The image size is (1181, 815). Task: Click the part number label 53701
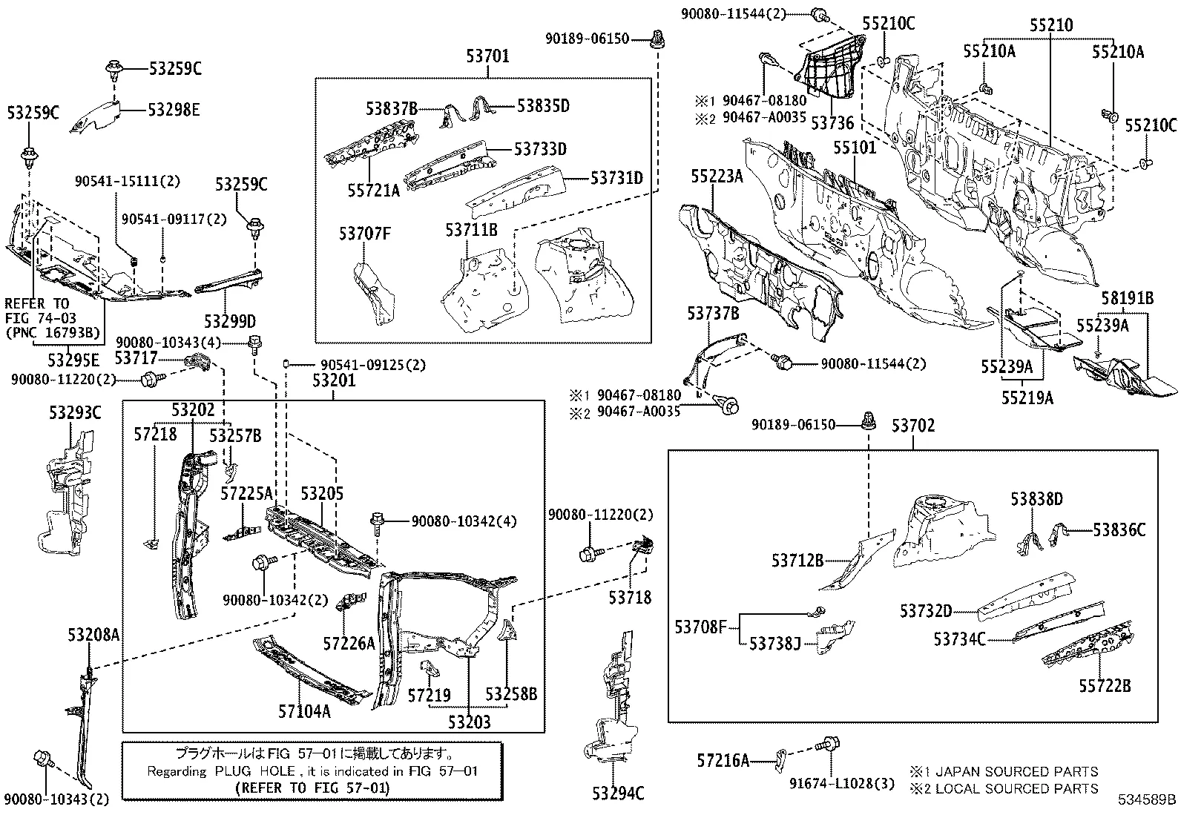(x=487, y=56)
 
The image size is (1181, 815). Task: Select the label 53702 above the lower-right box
(x=913, y=426)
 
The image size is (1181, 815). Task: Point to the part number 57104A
(x=304, y=711)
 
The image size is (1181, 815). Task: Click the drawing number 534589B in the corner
(x=1148, y=800)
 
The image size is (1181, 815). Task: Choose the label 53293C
(x=75, y=412)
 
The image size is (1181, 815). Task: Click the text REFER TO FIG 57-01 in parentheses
(x=311, y=788)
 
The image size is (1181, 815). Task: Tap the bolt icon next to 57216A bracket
(x=828, y=742)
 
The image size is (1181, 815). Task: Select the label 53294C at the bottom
(x=618, y=793)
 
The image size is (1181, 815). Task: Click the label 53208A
(x=93, y=635)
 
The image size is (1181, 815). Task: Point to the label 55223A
(x=717, y=176)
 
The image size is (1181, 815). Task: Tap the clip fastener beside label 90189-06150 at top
(x=657, y=37)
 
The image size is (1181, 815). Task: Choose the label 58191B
(x=1127, y=298)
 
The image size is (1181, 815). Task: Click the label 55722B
(x=1105, y=685)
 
